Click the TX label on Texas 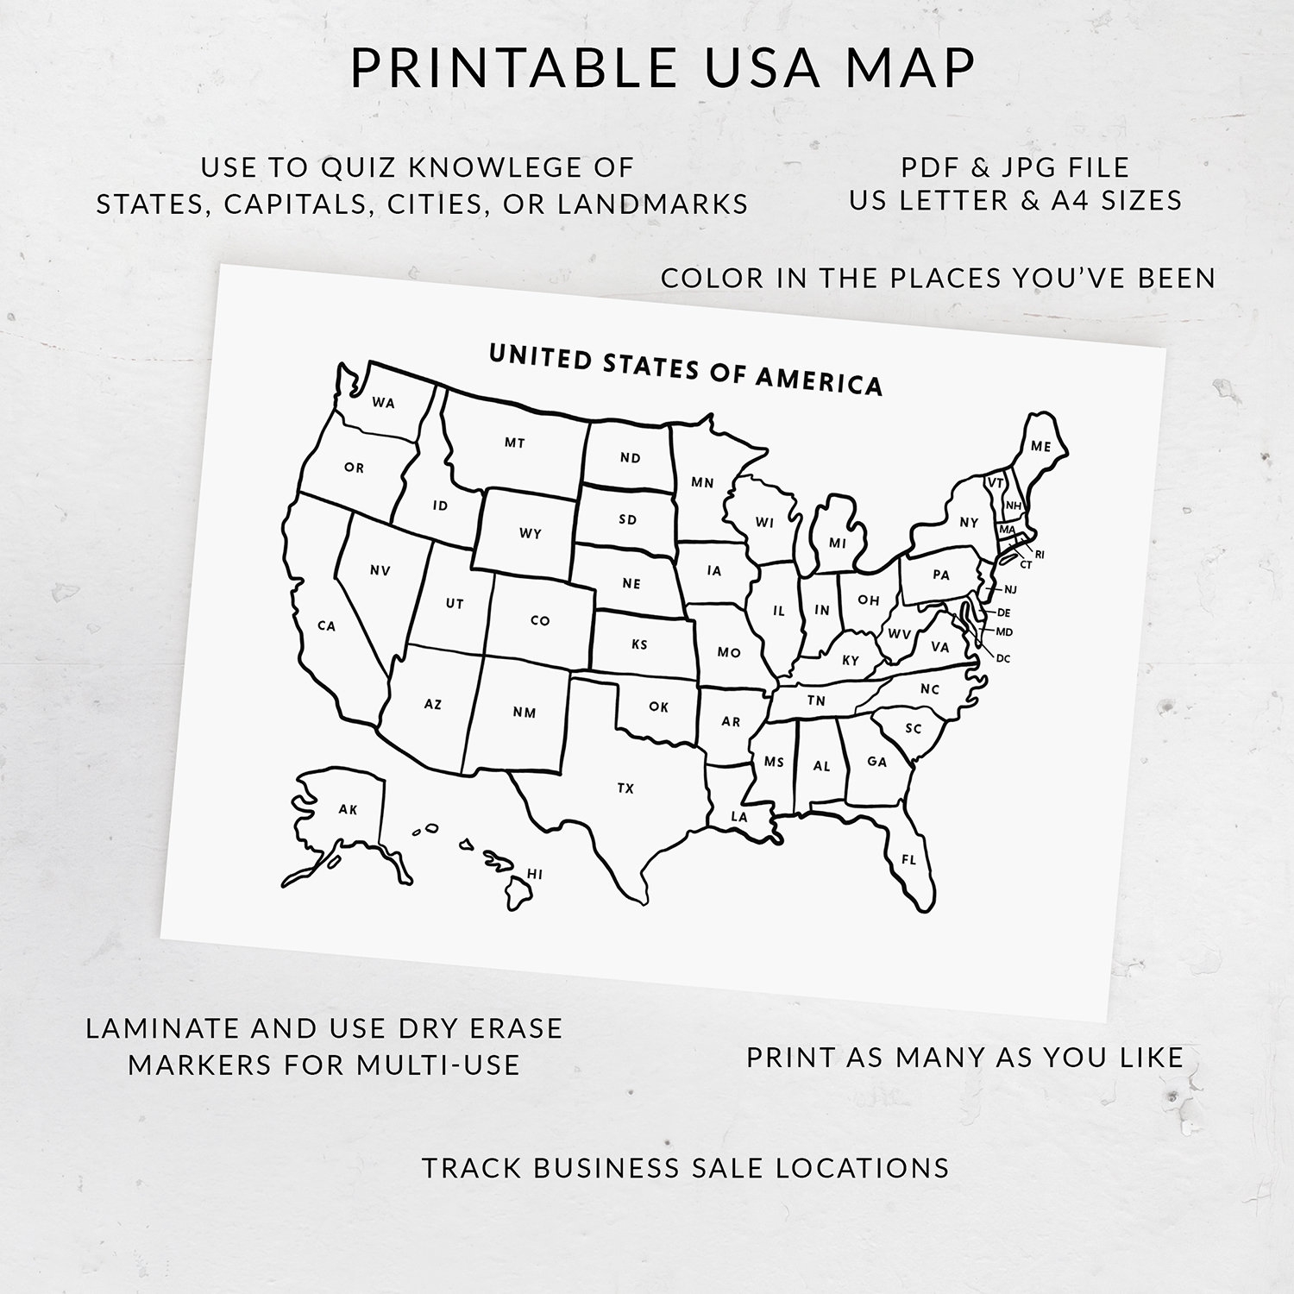tap(625, 788)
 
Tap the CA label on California tap(326, 626)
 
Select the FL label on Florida tap(908, 860)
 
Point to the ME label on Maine tap(1041, 447)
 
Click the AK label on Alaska tap(348, 809)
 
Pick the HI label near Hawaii tap(535, 875)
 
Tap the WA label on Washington tap(384, 403)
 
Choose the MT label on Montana tap(515, 443)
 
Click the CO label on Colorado tap(540, 620)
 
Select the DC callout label tap(1003, 659)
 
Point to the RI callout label tap(1040, 555)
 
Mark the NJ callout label tap(1011, 590)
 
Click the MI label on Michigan tap(838, 543)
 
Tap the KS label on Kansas tap(639, 644)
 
